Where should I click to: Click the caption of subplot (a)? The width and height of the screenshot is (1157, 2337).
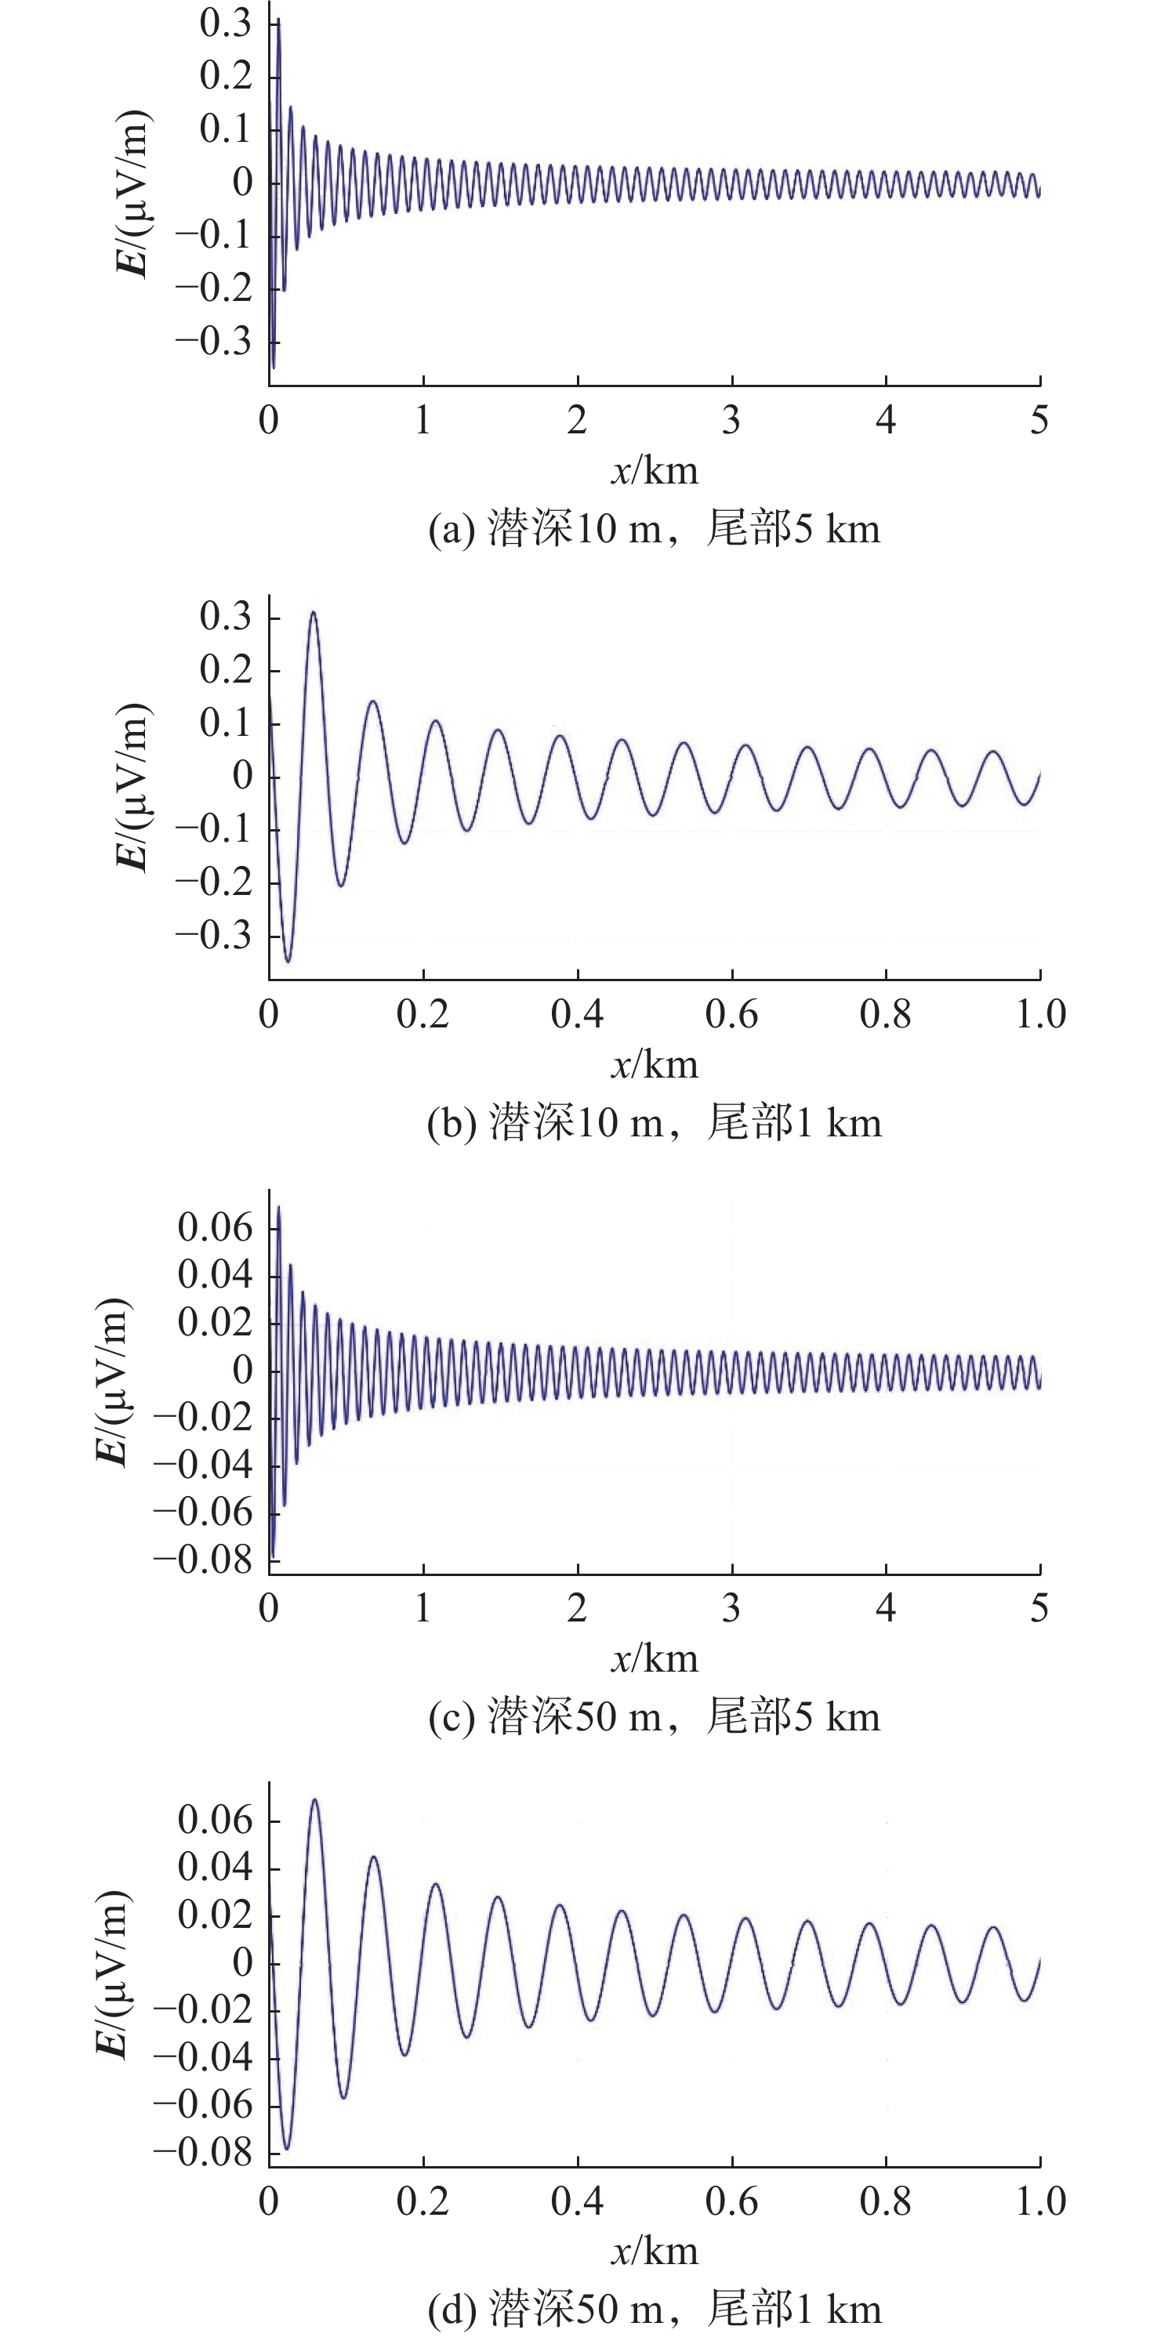[655, 528]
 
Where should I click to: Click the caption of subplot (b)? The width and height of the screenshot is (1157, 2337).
[655, 1122]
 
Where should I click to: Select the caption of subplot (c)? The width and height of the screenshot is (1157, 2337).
[655, 1716]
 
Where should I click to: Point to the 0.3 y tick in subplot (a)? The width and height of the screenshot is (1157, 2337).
[225, 23]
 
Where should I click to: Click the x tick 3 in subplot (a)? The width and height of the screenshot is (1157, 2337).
[731, 420]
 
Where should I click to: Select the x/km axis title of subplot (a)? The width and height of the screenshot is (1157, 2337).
[655, 471]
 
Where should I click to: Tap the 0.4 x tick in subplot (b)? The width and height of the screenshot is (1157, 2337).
[577, 1014]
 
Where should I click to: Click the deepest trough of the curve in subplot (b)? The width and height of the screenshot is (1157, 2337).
[288, 961]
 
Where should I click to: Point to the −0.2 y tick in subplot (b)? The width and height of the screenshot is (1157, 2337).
[214, 882]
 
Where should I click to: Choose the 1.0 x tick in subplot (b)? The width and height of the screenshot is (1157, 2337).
[1040, 1014]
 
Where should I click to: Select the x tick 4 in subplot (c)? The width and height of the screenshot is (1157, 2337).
[886, 1608]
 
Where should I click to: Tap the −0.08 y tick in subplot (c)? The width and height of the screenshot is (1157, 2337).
[203, 1560]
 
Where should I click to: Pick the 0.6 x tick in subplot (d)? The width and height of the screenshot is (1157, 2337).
[731, 2202]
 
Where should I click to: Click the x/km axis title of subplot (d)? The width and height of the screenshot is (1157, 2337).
[655, 2252]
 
